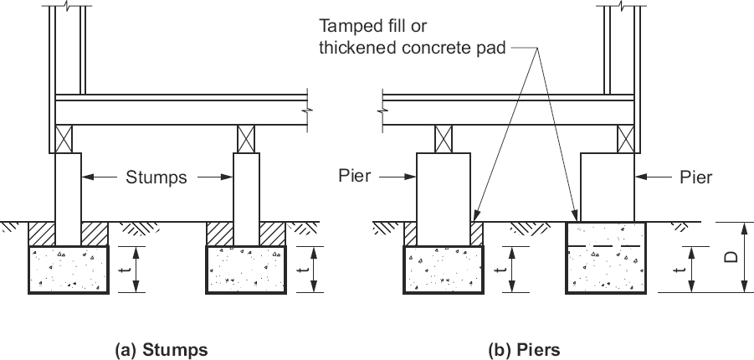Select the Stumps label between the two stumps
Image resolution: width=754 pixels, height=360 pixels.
click(157, 177)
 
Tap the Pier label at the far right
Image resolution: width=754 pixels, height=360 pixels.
click(695, 177)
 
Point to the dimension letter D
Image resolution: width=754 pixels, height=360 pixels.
click(731, 257)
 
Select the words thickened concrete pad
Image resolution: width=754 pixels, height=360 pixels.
click(413, 48)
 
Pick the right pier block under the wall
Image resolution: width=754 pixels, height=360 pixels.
click(606, 186)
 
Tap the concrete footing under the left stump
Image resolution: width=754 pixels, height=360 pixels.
click(69, 270)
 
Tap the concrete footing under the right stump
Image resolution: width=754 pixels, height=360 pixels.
click(245, 270)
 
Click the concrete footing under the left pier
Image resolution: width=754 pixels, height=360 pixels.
click(444, 270)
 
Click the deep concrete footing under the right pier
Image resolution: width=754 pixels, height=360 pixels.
click(606, 258)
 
